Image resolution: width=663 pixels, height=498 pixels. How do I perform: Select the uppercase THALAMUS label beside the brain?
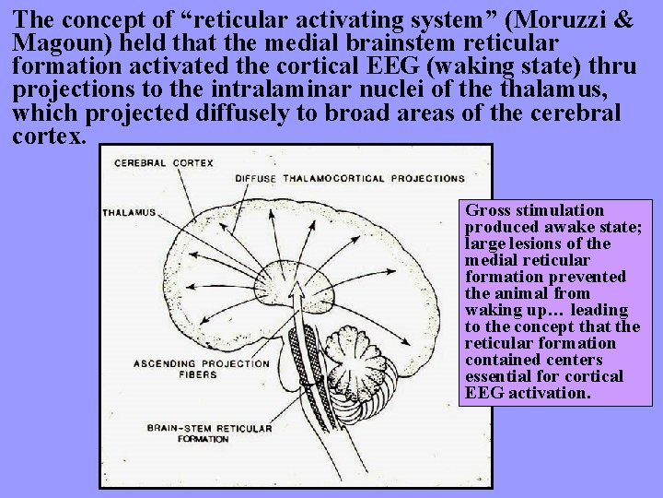click(129, 213)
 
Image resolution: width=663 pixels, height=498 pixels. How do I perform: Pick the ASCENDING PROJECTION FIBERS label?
click(202, 369)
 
